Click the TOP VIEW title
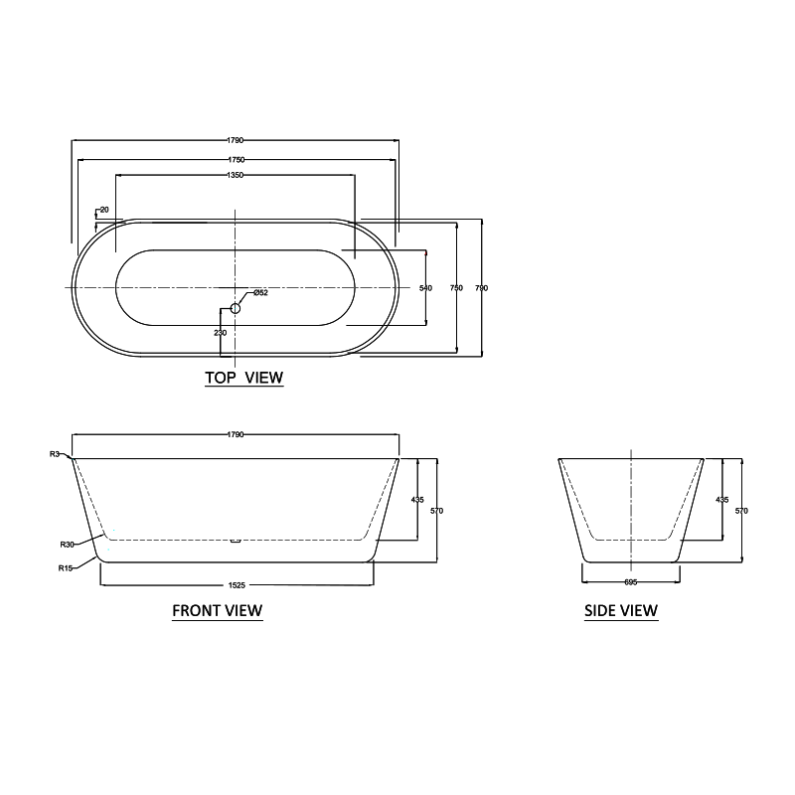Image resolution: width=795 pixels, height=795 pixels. point(243,378)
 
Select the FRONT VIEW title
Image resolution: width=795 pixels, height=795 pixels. point(218,611)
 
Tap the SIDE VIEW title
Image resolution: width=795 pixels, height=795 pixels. point(621,611)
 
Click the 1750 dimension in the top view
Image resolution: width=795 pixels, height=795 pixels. point(236,159)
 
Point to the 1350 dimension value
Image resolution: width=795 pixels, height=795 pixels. point(236,176)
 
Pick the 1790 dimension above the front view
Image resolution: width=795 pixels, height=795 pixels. point(236,434)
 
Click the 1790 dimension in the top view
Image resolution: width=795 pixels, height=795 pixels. point(236,141)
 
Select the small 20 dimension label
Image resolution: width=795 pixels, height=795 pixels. point(103,211)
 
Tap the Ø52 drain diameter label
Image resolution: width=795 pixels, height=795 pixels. point(260,292)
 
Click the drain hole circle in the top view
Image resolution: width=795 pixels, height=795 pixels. point(236,308)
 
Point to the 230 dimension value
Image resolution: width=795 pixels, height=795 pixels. point(221,332)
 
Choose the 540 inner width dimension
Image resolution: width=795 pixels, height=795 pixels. point(425,287)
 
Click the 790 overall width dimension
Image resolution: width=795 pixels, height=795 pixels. point(482,287)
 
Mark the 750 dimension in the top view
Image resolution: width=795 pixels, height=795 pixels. point(456,287)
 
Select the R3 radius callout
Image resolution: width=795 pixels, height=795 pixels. point(55,454)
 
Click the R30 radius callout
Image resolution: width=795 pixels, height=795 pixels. point(67,544)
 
